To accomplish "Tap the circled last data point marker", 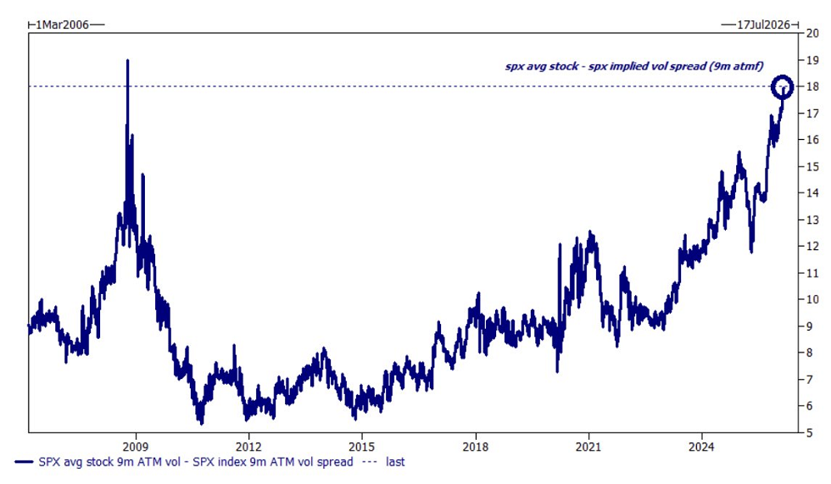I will pos(782,86).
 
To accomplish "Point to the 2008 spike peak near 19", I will pos(127,61).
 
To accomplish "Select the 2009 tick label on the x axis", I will pos(136,445).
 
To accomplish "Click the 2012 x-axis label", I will pos(248,445).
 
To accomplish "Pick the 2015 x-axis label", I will pos(362,445).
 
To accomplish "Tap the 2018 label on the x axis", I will pos(476,445).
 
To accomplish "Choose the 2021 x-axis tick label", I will pos(589,445).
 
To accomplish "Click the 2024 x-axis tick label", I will pos(702,445).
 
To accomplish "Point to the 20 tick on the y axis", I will pos(811,33).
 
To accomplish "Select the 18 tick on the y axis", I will pos(811,86).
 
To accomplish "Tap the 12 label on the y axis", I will pos(811,247).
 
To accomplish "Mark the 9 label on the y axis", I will pos(811,326).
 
